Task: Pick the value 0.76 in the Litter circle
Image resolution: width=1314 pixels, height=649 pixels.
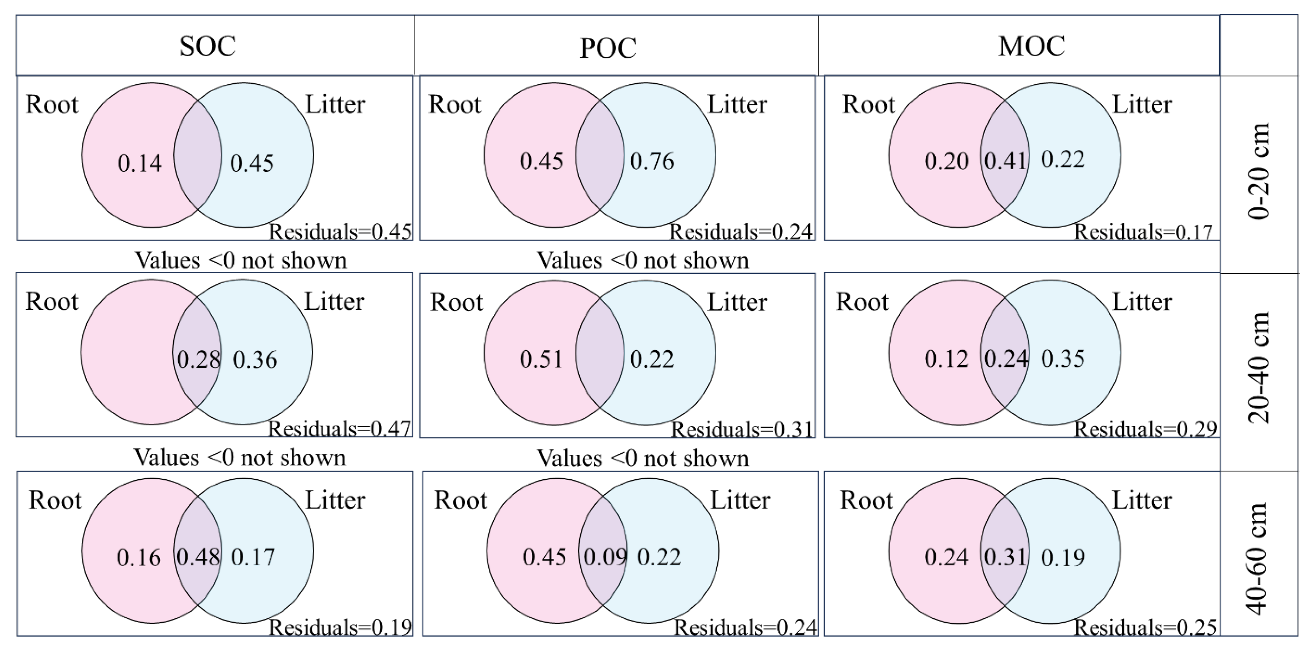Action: (652, 161)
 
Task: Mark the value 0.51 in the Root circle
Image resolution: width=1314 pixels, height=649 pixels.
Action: (541, 359)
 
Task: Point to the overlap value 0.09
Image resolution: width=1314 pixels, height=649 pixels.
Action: (605, 557)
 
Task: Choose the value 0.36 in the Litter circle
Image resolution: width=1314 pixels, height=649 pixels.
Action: (255, 360)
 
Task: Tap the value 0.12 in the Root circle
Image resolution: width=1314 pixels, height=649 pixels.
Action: (946, 359)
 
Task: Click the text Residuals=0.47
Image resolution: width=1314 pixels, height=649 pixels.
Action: (340, 429)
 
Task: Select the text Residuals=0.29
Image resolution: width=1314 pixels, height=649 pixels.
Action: (1146, 430)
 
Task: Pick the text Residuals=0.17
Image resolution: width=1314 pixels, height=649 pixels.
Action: (1143, 232)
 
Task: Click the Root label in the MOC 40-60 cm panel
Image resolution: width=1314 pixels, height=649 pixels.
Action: (866, 500)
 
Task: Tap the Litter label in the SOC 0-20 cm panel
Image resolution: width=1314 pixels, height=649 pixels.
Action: (335, 105)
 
